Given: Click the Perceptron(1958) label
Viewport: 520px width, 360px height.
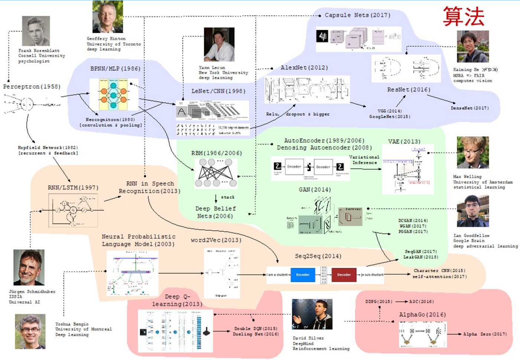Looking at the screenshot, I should tap(32, 87).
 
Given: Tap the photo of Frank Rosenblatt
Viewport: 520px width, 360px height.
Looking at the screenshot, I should tap(36, 31).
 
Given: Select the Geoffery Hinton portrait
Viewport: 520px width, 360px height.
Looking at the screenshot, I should tap(108, 17).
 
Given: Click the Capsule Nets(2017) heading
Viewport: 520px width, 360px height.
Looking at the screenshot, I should tap(357, 15).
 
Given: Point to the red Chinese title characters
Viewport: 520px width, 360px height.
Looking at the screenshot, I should tap(464, 16).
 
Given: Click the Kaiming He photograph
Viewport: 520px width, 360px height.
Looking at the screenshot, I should tap(473, 46).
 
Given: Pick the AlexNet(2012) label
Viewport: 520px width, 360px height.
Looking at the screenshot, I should tap(304, 68).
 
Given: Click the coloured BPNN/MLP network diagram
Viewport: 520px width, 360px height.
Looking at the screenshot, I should tap(114, 94).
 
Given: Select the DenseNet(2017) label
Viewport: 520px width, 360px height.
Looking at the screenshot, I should tap(469, 108).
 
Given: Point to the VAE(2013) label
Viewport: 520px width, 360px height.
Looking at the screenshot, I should tap(404, 142).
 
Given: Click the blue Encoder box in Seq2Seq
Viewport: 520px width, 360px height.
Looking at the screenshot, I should tap(303, 275).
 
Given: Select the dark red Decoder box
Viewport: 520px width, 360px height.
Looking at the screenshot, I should tap(344, 275).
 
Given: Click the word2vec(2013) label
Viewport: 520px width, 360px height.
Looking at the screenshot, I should tap(216, 240).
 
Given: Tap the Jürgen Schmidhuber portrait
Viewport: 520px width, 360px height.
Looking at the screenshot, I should tap(29, 267).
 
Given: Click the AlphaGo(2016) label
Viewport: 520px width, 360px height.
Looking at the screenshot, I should tap(422, 315).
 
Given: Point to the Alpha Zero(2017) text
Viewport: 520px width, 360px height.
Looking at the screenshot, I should tap(485, 334).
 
